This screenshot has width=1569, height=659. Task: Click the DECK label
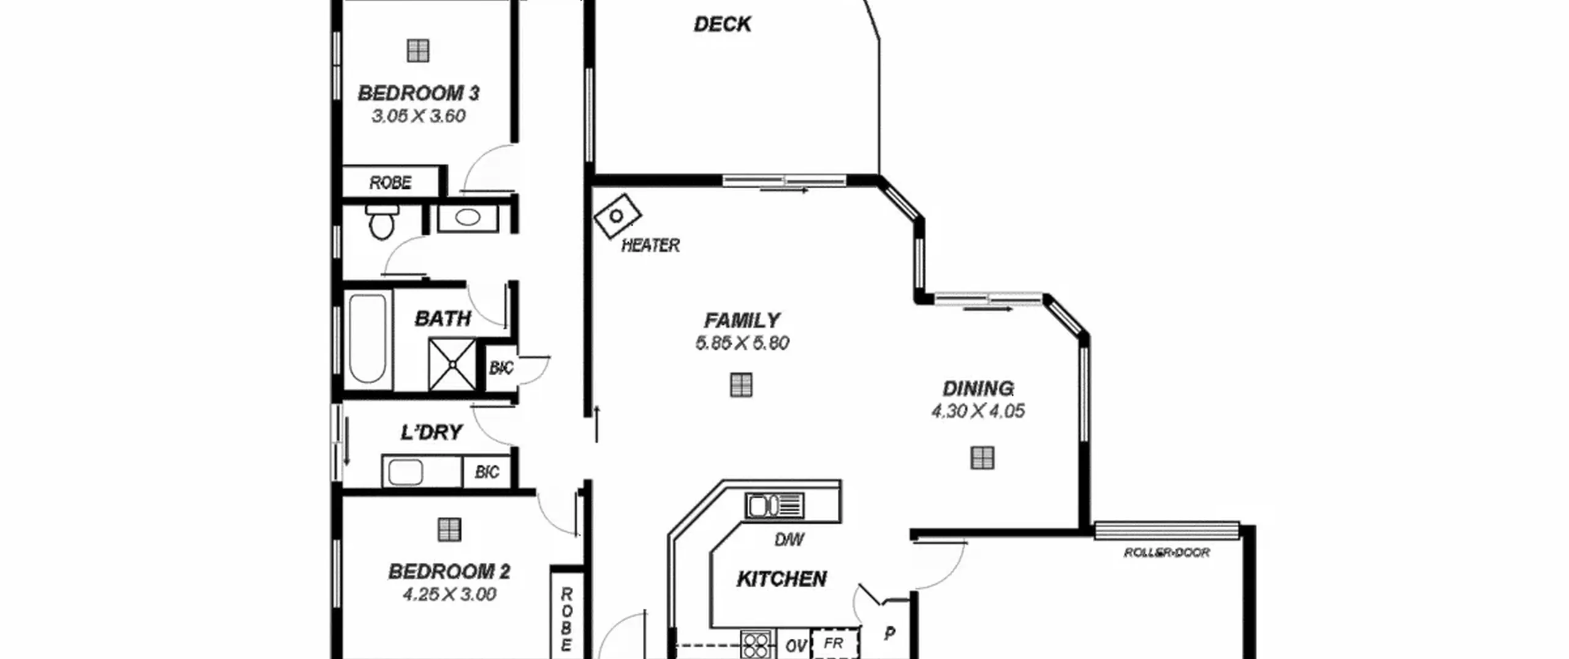tap(722, 25)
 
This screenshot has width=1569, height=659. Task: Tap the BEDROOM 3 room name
tap(418, 93)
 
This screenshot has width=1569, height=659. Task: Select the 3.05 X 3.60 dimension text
tap(419, 116)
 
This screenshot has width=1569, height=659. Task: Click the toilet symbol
tap(382, 222)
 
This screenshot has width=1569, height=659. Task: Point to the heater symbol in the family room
tap(617, 216)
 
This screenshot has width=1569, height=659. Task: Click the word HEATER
tap(650, 246)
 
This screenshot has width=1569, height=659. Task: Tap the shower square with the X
tap(452, 365)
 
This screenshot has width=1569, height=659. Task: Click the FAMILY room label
tap(742, 321)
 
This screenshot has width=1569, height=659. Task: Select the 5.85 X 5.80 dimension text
tap(742, 343)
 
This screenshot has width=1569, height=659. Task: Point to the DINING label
tap(978, 389)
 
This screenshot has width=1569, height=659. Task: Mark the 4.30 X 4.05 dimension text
tap(978, 411)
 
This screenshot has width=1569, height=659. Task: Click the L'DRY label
tap(431, 432)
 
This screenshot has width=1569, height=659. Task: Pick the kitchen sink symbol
tap(775, 506)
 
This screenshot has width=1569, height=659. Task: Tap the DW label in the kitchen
tap(789, 539)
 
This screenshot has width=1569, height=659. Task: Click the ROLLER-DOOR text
tap(1167, 553)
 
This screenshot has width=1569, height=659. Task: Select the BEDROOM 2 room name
tap(449, 571)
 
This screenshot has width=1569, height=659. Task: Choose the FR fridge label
tap(834, 643)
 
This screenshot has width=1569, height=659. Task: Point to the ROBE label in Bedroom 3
tap(390, 183)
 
